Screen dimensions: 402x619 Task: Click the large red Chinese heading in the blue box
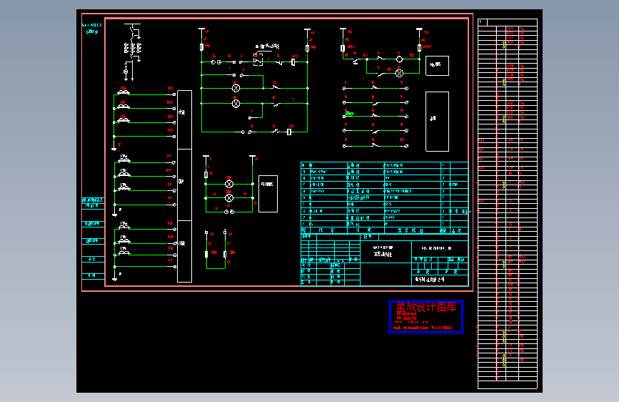click(x=426, y=308)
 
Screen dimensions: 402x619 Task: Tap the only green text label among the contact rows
click(x=350, y=112)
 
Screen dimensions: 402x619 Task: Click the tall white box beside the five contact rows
click(x=437, y=121)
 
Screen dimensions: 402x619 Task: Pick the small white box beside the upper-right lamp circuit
click(x=437, y=66)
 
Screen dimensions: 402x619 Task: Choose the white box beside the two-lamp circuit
click(x=268, y=193)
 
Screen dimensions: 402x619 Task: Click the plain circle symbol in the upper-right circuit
click(x=400, y=58)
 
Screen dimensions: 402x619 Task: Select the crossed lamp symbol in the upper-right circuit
click(x=400, y=73)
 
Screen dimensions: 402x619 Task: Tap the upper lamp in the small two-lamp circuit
click(x=229, y=184)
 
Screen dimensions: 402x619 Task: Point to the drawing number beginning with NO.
click(x=437, y=247)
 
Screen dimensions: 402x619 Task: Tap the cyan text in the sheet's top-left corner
click(x=93, y=28)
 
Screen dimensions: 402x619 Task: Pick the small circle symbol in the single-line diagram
click(x=126, y=72)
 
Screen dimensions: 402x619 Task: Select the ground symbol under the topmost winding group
click(x=113, y=147)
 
